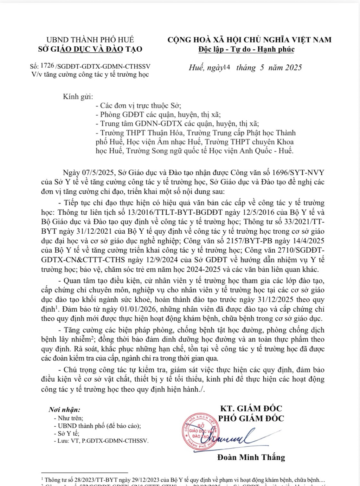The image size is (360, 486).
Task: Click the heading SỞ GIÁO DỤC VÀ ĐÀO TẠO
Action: pyautogui.click(x=90, y=49)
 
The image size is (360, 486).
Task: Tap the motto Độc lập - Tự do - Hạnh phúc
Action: pyautogui.click(x=246, y=49)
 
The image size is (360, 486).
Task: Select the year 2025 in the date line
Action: pyautogui.click(x=293, y=67)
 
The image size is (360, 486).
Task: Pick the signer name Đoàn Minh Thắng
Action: pyautogui.click(x=251, y=457)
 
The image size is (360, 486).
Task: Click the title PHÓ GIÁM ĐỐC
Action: pyautogui.click(x=251, y=418)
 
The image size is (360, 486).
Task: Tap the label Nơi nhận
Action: pyautogui.click(x=64, y=410)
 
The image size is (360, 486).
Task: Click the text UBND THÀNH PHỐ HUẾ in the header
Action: pyautogui.click(x=90, y=40)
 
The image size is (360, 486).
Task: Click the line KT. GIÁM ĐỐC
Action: pyautogui.click(x=251, y=408)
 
